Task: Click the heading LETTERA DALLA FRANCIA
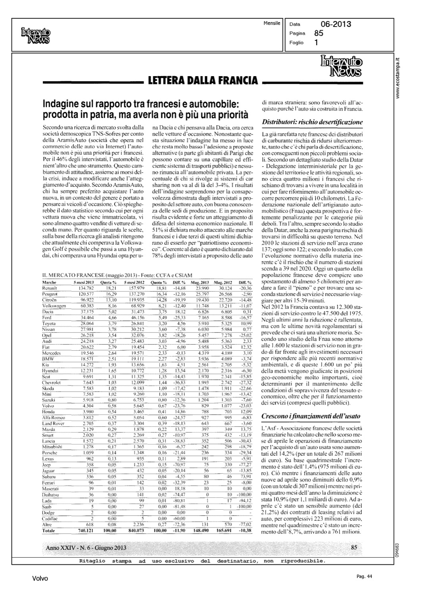(202, 82)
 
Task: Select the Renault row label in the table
(50, 288)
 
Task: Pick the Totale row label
(49, 531)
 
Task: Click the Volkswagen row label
(54, 306)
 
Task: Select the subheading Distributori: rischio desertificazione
(313, 122)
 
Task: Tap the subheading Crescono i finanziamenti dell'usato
(311, 416)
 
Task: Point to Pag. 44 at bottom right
(362, 576)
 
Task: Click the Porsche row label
(49, 453)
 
